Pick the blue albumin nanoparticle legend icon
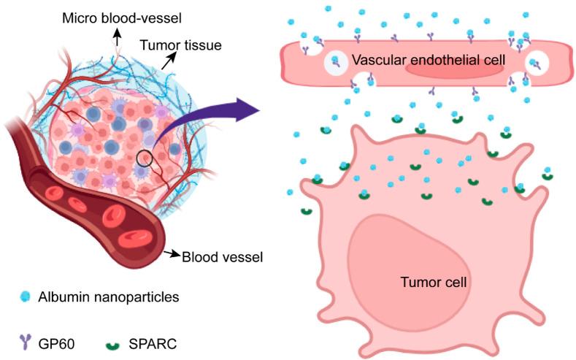point(26,296)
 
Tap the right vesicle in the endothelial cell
point(539,62)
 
